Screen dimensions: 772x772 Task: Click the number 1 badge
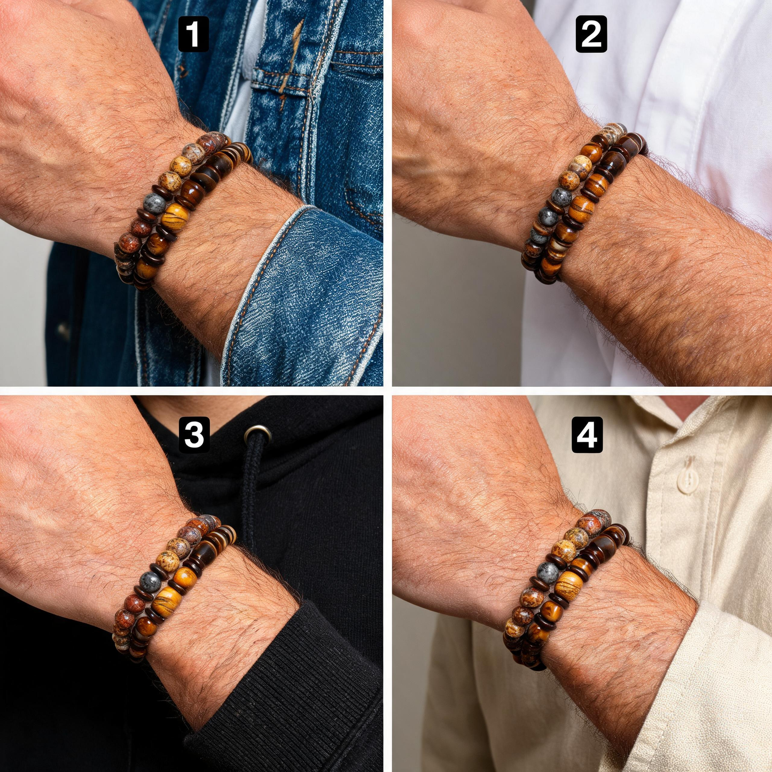(x=193, y=34)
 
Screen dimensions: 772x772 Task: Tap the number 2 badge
(x=591, y=34)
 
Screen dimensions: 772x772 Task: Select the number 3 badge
(x=194, y=435)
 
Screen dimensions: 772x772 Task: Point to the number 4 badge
(x=587, y=435)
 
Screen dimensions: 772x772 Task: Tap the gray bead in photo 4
(x=548, y=573)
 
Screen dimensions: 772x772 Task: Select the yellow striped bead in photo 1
(x=175, y=216)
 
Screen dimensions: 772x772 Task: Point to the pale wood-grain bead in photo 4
(x=568, y=583)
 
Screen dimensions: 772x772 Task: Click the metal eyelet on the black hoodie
(x=257, y=434)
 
